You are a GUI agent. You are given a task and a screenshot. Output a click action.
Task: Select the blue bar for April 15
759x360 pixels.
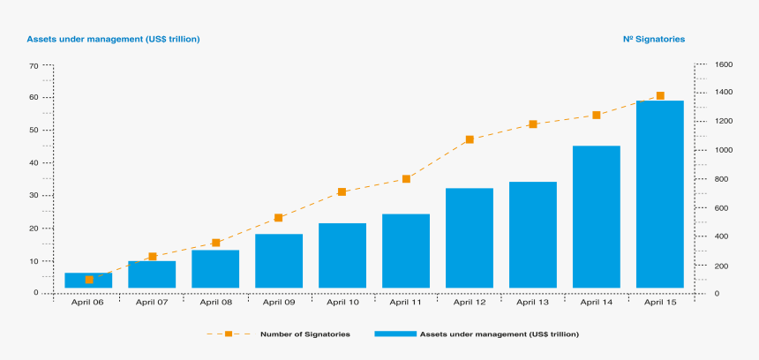(660, 194)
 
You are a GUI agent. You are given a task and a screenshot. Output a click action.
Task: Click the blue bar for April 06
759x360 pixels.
(88, 281)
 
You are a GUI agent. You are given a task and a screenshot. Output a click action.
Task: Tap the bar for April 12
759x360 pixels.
(470, 238)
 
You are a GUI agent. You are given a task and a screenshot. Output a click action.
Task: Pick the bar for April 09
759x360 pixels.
(279, 261)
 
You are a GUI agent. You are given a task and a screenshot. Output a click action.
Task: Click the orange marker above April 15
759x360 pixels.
(660, 96)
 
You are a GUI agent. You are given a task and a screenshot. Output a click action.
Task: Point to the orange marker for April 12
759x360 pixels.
(470, 139)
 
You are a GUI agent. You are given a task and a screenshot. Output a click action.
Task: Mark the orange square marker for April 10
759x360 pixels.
(342, 191)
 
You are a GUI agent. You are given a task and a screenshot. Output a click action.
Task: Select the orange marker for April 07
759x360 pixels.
(152, 257)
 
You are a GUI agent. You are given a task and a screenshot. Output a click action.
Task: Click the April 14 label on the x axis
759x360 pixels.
(597, 302)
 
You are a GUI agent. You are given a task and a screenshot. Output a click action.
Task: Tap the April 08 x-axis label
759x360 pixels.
(215, 302)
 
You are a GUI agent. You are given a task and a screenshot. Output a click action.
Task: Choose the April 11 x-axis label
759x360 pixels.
(406, 302)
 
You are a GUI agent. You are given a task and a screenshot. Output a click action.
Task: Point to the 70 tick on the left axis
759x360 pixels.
(33, 66)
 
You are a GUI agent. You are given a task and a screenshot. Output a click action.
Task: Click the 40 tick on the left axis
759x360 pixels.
(33, 163)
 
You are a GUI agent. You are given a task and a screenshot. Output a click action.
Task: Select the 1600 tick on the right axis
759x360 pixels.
(724, 64)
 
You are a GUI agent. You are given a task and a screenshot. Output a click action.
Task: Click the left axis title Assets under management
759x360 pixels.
(113, 39)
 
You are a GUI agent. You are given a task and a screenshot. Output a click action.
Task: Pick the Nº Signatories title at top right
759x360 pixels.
(654, 39)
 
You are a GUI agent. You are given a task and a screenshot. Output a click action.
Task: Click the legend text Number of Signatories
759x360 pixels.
(304, 334)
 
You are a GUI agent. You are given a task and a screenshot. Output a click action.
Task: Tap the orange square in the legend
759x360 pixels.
(228, 334)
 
